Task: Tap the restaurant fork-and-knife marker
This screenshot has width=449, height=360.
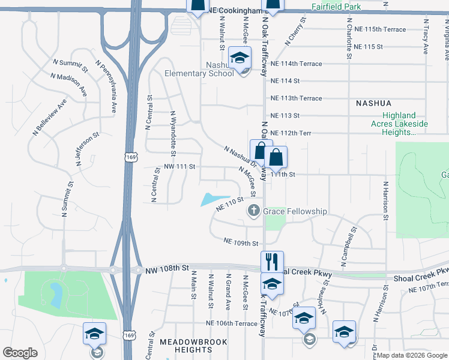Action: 272,262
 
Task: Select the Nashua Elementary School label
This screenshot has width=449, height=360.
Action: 199,69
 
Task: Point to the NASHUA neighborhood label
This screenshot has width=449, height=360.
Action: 373,103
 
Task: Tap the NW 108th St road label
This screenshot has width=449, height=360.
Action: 167,271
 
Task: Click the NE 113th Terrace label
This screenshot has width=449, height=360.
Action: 297,98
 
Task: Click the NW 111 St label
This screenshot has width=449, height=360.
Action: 180,166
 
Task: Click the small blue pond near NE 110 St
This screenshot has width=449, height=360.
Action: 215,199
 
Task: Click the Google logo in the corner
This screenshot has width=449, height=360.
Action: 20,353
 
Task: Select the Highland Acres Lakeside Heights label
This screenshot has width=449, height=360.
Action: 405,124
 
